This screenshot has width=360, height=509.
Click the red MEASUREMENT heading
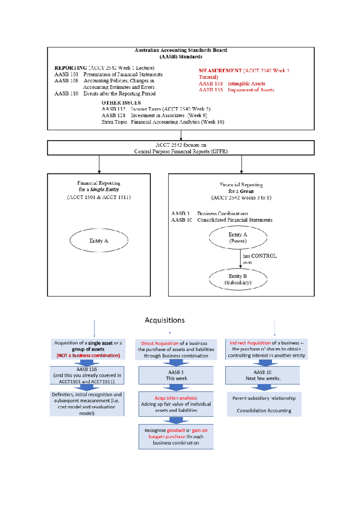point(220,71)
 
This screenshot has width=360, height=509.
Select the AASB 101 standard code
point(66,74)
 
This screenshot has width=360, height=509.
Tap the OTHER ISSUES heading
point(121,103)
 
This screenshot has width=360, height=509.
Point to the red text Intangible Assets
point(246,84)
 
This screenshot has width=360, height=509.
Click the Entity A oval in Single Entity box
point(99,240)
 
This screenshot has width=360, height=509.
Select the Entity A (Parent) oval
point(238,237)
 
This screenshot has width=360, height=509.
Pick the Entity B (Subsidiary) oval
point(238,279)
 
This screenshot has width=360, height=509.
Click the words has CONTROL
point(259,256)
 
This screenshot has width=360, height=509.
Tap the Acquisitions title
point(165,320)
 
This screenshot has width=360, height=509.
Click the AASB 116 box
point(87,375)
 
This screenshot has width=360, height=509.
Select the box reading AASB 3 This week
point(176,375)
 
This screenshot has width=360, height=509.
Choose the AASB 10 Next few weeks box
point(263,375)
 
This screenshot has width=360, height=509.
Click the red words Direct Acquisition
point(160,344)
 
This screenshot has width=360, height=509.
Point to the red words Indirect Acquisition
point(250,343)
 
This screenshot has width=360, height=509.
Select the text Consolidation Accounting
point(264,411)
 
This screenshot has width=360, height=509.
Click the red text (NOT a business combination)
point(88,356)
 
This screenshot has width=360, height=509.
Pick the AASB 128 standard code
point(113,115)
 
